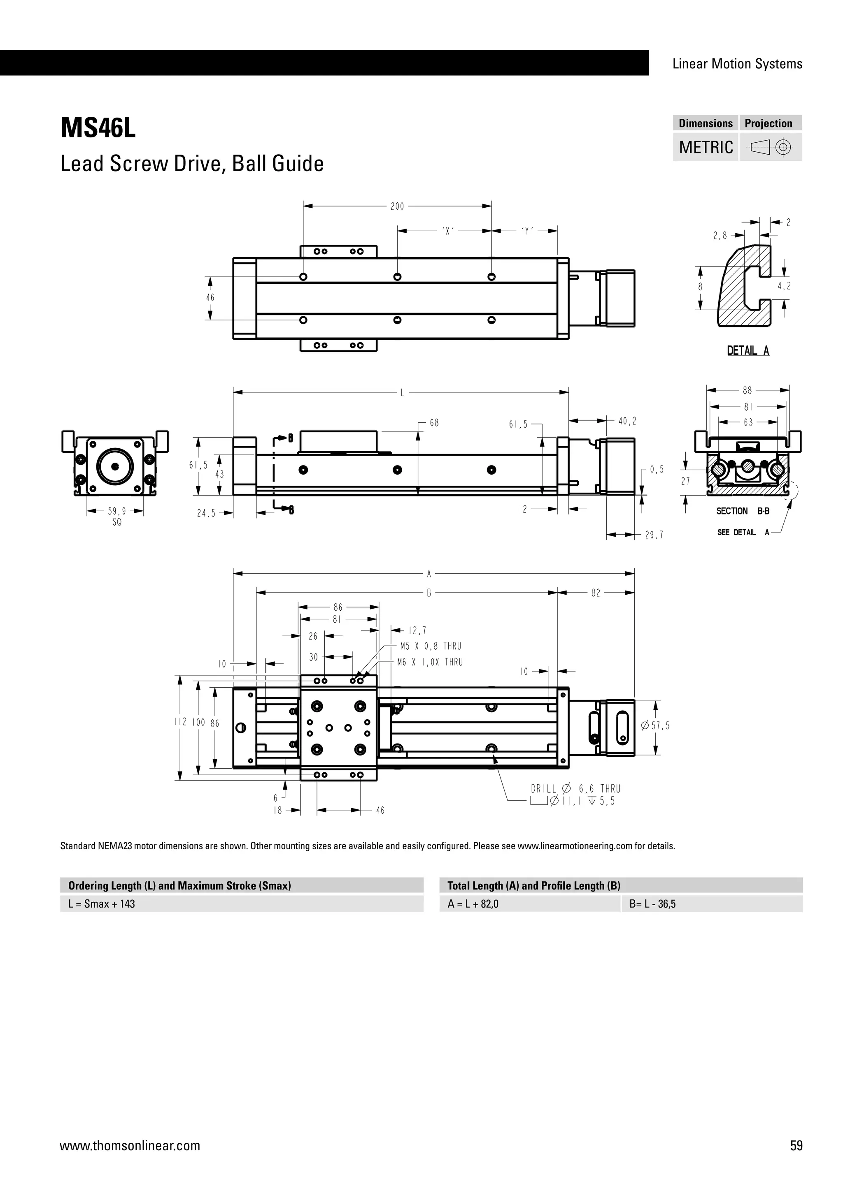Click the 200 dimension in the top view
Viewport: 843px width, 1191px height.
pyautogui.click(x=397, y=206)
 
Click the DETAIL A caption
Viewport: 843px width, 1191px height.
pyautogui.click(x=748, y=351)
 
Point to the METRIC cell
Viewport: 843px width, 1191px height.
pyautogui.click(x=706, y=147)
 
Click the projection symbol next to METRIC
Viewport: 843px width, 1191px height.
pyautogui.click(x=770, y=147)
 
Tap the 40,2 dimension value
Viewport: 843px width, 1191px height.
pyautogui.click(x=627, y=422)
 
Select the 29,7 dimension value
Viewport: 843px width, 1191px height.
pyautogui.click(x=654, y=535)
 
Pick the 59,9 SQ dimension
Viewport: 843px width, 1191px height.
pyautogui.click(x=117, y=516)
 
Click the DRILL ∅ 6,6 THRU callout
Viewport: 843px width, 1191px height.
pyautogui.click(x=575, y=788)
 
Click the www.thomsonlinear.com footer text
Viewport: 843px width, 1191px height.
pyautogui.click(x=130, y=1145)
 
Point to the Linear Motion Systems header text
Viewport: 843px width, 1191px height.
pyautogui.click(x=737, y=64)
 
